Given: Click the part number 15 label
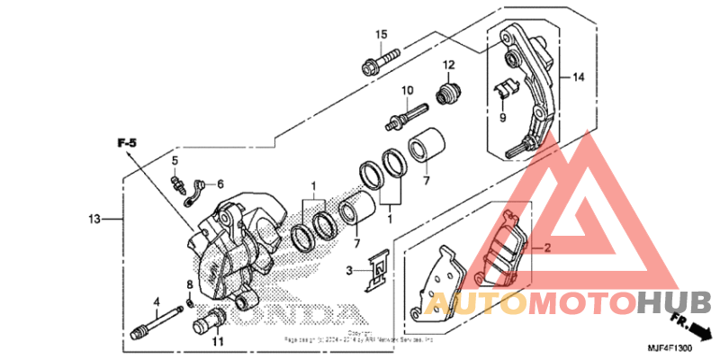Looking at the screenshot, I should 381,34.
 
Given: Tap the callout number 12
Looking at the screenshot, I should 448,64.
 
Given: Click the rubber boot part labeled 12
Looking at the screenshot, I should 447,94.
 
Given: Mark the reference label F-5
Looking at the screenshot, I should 125,143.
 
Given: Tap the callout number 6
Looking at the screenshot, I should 220,184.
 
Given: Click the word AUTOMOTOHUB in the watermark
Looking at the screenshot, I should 576,303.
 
